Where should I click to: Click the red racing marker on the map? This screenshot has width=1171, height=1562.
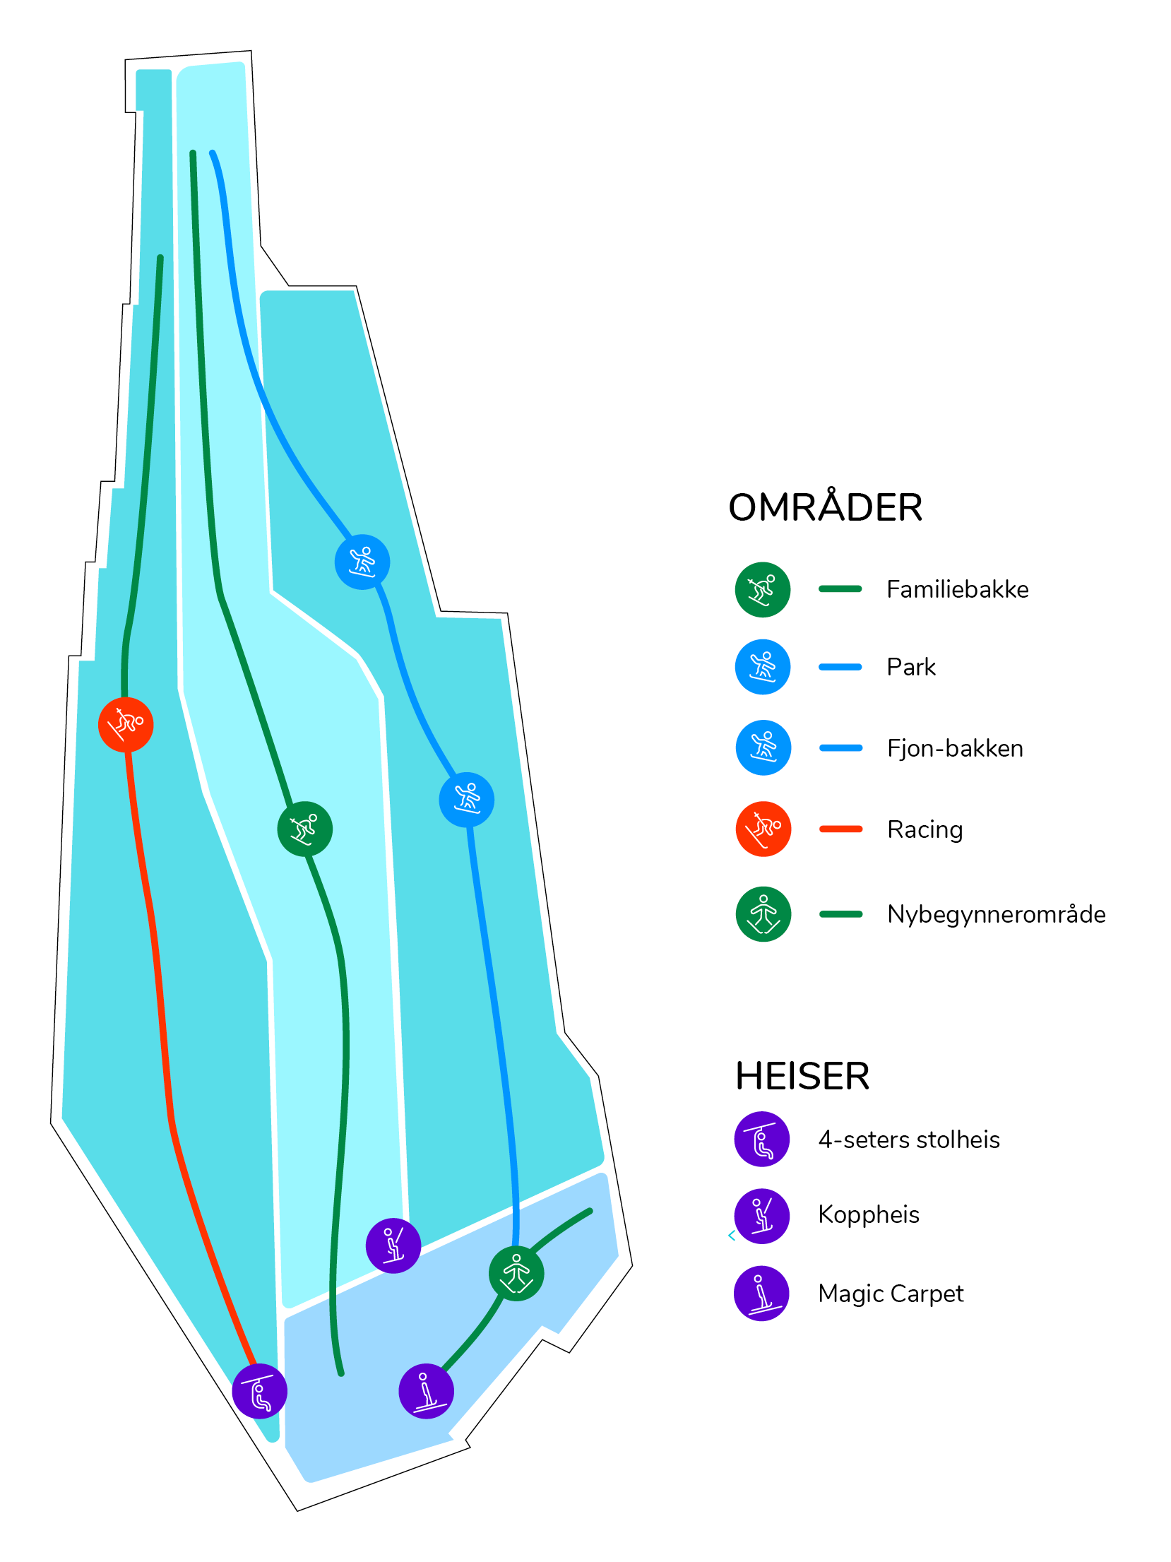pyautogui.click(x=126, y=724)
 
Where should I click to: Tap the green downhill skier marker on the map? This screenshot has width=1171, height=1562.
pyautogui.click(x=304, y=829)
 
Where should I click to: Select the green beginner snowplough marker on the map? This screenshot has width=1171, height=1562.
pyautogui.click(x=516, y=1274)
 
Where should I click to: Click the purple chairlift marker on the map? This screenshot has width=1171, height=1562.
pyautogui.click(x=259, y=1391)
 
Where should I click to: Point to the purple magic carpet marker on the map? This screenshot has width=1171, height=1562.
pyautogui.click(x=426, y=1391)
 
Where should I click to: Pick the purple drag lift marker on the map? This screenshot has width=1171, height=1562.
pyautogui.click(x=393, y=1246)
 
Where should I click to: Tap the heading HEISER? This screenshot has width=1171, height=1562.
pyautogui.click(x=802, y=1076)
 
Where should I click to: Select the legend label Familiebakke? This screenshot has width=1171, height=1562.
pyautogui.click(x=958, y=589)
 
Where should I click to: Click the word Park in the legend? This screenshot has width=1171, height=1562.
pyautogui.click(x=911, y=667)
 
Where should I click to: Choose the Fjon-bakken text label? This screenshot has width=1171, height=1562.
pyautogui.click(x=955, y=748)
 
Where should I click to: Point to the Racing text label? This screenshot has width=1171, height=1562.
pyautogui.click(x=925, y=829)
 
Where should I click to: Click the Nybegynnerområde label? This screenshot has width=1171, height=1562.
pyautogui.click(x=997, y=914)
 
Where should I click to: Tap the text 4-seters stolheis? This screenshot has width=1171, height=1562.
pyautogui.click(x=909, y=1140)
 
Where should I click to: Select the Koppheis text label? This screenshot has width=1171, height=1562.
pyautogui.click(x=869, y=1214)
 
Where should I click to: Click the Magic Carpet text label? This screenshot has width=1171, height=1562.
pyautogui.click(x=891, y=1294)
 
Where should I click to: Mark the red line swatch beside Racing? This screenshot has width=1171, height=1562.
pyautogui.click(x=840, y=829)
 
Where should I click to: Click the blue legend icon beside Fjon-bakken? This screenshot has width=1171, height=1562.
pyautogui.click(x=763, y=747)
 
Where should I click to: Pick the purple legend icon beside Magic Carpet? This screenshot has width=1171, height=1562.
pyautogui.click(x=761, y=1293)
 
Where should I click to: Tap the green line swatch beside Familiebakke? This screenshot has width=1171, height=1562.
pyautogui.click(x=840, y=588)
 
